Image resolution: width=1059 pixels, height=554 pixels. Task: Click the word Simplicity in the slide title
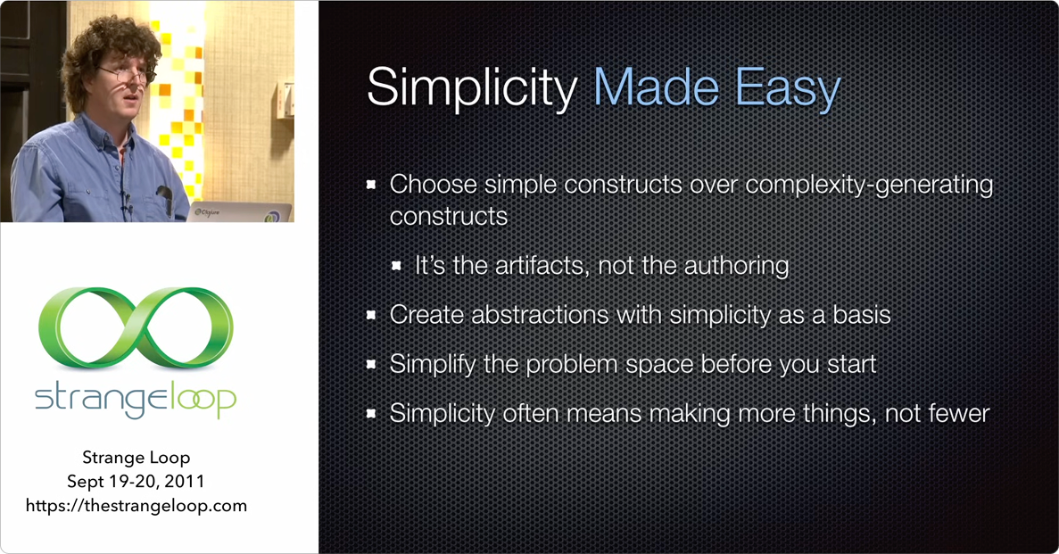471,89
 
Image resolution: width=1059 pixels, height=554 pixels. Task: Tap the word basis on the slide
856,315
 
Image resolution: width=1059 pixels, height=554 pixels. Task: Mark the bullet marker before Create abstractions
372,316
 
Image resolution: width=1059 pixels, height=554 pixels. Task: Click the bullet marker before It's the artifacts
397,267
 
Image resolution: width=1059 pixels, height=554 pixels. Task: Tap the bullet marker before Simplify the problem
372,365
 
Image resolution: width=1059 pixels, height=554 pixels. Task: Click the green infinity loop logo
136,327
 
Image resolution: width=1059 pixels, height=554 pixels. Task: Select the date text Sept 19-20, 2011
136,482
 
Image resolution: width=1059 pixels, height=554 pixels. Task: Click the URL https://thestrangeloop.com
136,506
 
